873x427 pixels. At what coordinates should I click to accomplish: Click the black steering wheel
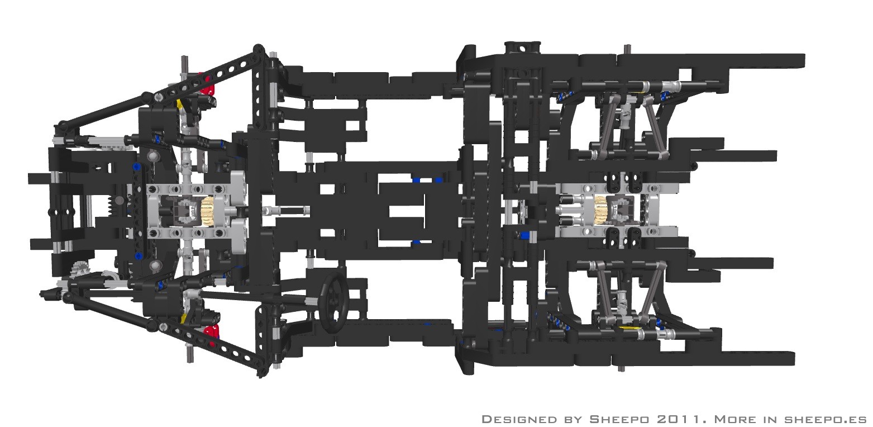334,302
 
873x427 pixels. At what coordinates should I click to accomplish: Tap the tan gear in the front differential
207,211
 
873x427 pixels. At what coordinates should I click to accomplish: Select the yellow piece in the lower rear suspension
630,328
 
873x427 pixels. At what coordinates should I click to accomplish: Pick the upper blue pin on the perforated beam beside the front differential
136,167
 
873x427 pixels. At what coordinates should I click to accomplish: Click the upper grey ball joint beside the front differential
153,156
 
